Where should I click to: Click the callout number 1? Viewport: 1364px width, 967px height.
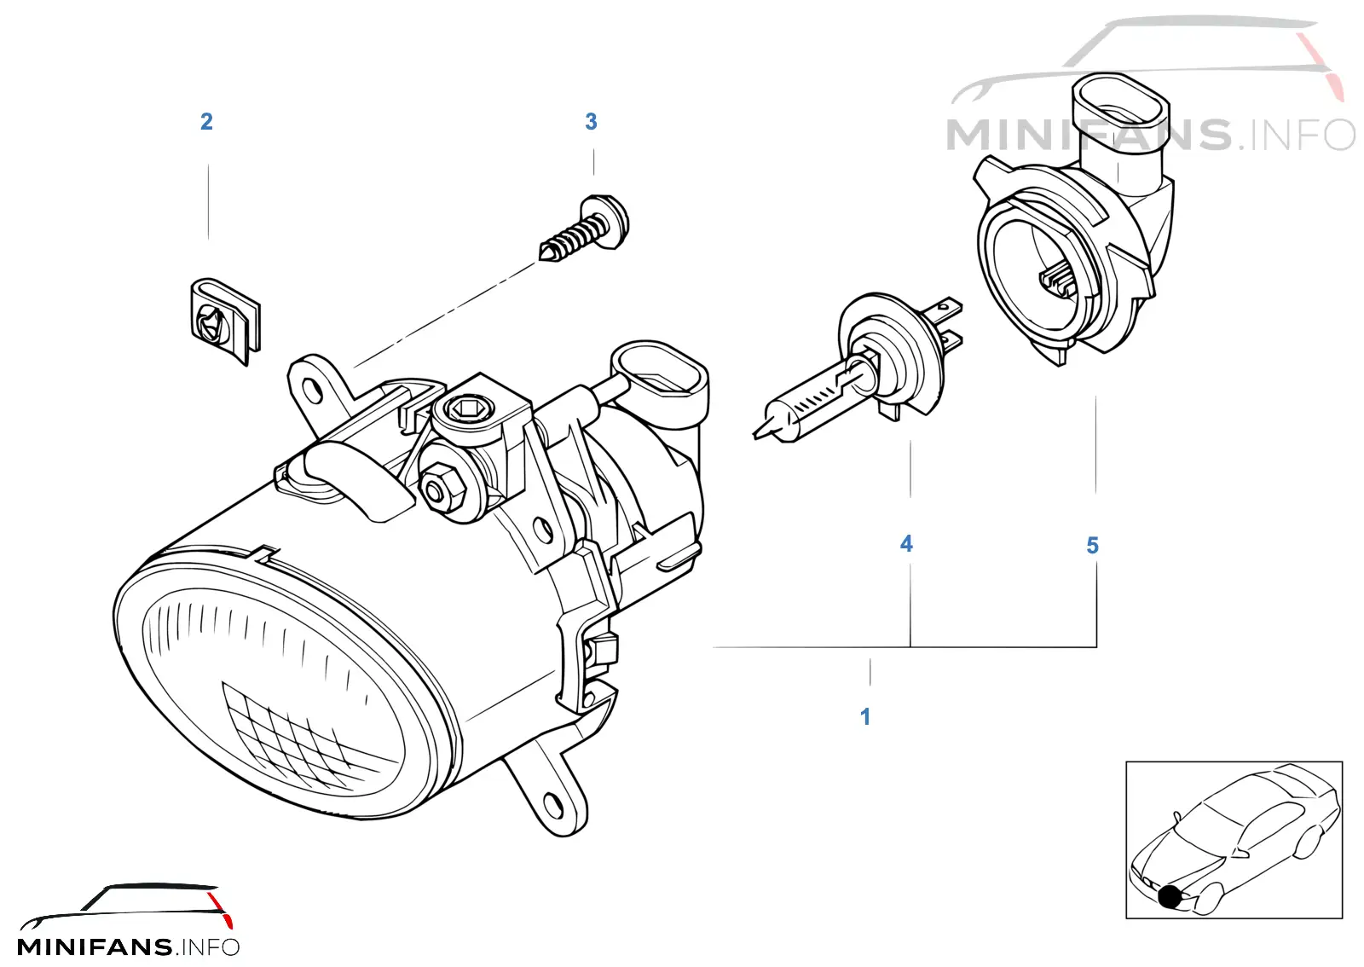[x=865, y=716]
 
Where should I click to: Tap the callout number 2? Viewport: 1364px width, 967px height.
[x=206, y=121]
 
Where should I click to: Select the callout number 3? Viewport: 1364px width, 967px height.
[x=591, y=121]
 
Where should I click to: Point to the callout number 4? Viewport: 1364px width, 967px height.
[x=906, y=543]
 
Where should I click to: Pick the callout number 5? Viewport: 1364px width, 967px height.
[x=1092, y=545]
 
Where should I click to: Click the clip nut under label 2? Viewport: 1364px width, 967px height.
[x=225, y=321]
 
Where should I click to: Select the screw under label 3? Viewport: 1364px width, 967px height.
[x=585, y=229]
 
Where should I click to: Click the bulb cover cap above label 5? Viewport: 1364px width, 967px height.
[x=1072, y=219]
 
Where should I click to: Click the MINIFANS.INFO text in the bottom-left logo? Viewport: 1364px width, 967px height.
[x=129, y=947]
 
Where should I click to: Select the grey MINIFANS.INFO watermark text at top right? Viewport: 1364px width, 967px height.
[x=1150, y=136]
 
